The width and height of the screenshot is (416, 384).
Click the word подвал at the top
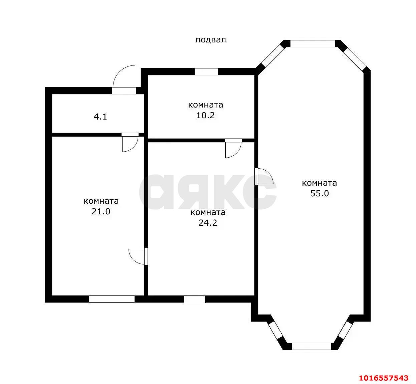tap(211, 40)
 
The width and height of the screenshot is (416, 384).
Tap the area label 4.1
tap(100, 117)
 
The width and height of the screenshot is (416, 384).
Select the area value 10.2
tap(205, 115)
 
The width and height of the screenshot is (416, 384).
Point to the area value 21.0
tap(101, 212)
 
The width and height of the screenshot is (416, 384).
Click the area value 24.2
tap(208, 223)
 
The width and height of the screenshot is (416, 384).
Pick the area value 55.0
tap(320, 193)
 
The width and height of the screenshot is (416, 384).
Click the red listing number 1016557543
tap(384, 378)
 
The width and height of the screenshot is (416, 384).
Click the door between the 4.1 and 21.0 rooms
tap(130, 143)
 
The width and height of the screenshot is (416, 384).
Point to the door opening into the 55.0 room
tap(264, 176)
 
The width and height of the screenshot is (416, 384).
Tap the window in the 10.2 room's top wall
tap(206, 72)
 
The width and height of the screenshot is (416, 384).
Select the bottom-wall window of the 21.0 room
tap(112, 299)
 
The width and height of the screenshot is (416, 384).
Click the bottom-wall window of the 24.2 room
tap(195, 299)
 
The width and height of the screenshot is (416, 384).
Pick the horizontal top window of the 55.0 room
tap(313, 43)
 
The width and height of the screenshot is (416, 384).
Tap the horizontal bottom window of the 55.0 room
tap(311, 346)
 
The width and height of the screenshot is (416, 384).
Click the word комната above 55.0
tap(320, 183)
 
